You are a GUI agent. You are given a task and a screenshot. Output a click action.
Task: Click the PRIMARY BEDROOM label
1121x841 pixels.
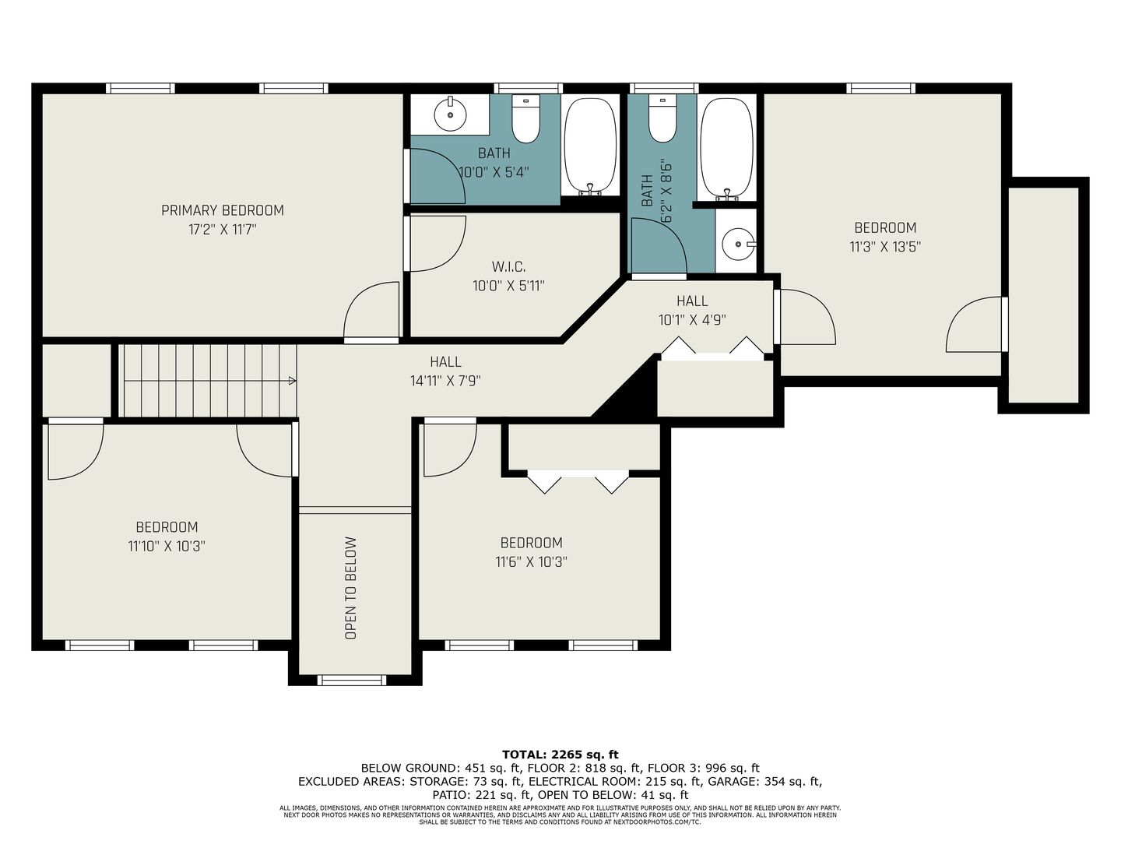coord(222,210)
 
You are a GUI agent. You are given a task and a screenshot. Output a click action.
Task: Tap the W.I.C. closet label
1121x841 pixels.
coord(508,266)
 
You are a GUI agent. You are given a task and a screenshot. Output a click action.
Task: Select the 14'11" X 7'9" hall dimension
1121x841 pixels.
coord(445,381)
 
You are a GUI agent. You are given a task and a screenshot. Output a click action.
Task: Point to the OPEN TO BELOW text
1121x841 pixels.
coord(351,588)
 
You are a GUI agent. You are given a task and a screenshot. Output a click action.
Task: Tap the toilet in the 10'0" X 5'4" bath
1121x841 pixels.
coord(526,118)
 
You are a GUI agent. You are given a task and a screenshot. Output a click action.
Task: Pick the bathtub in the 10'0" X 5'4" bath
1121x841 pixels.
coord(590,146)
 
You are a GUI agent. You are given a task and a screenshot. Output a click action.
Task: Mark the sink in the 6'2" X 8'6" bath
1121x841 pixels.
coord(738,245)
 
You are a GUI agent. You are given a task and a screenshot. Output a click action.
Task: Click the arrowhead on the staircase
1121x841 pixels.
coord(293,381)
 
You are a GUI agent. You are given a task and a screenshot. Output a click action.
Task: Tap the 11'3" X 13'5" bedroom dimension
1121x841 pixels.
coord(885,247)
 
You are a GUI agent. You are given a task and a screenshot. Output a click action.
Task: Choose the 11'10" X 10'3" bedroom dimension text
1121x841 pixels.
coord(167,547)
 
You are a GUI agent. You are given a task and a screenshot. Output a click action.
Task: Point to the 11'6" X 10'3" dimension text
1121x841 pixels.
coord(531,561)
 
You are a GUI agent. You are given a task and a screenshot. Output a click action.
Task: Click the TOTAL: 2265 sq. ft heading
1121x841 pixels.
coord(560,755)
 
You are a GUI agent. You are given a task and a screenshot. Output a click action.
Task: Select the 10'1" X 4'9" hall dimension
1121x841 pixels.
coord(692,320)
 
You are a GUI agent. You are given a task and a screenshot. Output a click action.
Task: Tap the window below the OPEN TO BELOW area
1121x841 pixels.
coord(352,680)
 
